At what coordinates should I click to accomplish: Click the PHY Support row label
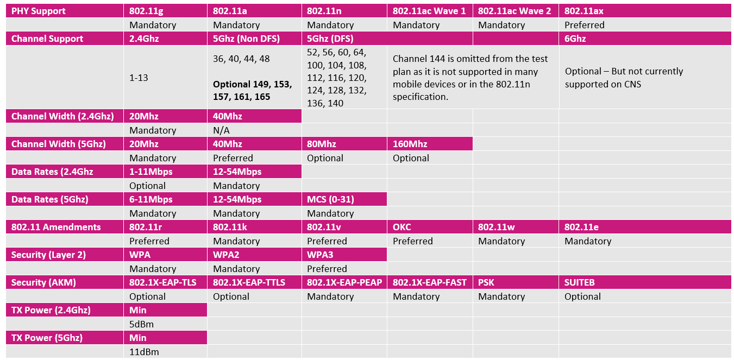pos(37,11)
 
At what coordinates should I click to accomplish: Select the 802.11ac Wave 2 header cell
pos(512,11)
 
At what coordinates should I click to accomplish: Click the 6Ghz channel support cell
pos(575,39)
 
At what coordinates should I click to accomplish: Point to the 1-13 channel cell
pos(139,78)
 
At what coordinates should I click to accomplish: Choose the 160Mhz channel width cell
pos(411,144)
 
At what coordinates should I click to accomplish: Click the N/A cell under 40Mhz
pos(222,130)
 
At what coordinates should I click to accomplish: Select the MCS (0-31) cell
pos(330,199)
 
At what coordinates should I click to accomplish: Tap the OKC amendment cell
pos(402,227)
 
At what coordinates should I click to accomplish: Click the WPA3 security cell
pos(321,255)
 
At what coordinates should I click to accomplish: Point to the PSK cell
pos(486,282)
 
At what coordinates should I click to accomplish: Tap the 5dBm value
pos(141,324)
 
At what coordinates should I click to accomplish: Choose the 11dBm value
pos(143,352)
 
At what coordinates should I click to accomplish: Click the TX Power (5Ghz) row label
pos(47,338)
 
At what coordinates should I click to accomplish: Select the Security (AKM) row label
pos(43,282)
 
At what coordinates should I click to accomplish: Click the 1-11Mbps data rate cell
pos(151,172)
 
